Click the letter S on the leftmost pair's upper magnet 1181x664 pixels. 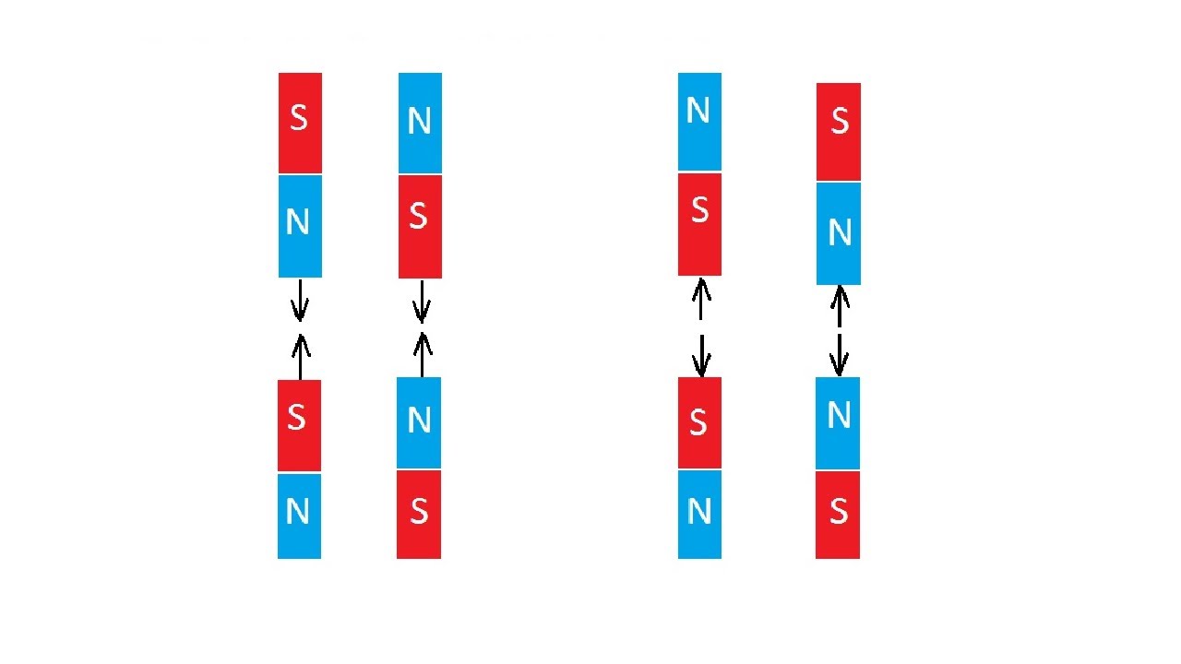298,118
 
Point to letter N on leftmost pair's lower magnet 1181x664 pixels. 297,511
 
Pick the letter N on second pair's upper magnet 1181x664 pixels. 419,121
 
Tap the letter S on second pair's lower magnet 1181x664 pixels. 419,510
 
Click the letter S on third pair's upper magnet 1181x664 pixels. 699,210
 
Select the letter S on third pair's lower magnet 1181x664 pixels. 698,421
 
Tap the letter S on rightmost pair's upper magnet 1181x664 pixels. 839,121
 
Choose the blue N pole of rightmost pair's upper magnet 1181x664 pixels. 839,233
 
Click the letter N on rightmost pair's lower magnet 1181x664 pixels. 838,416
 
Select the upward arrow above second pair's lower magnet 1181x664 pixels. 422,354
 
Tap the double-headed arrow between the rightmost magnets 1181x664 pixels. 839,330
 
